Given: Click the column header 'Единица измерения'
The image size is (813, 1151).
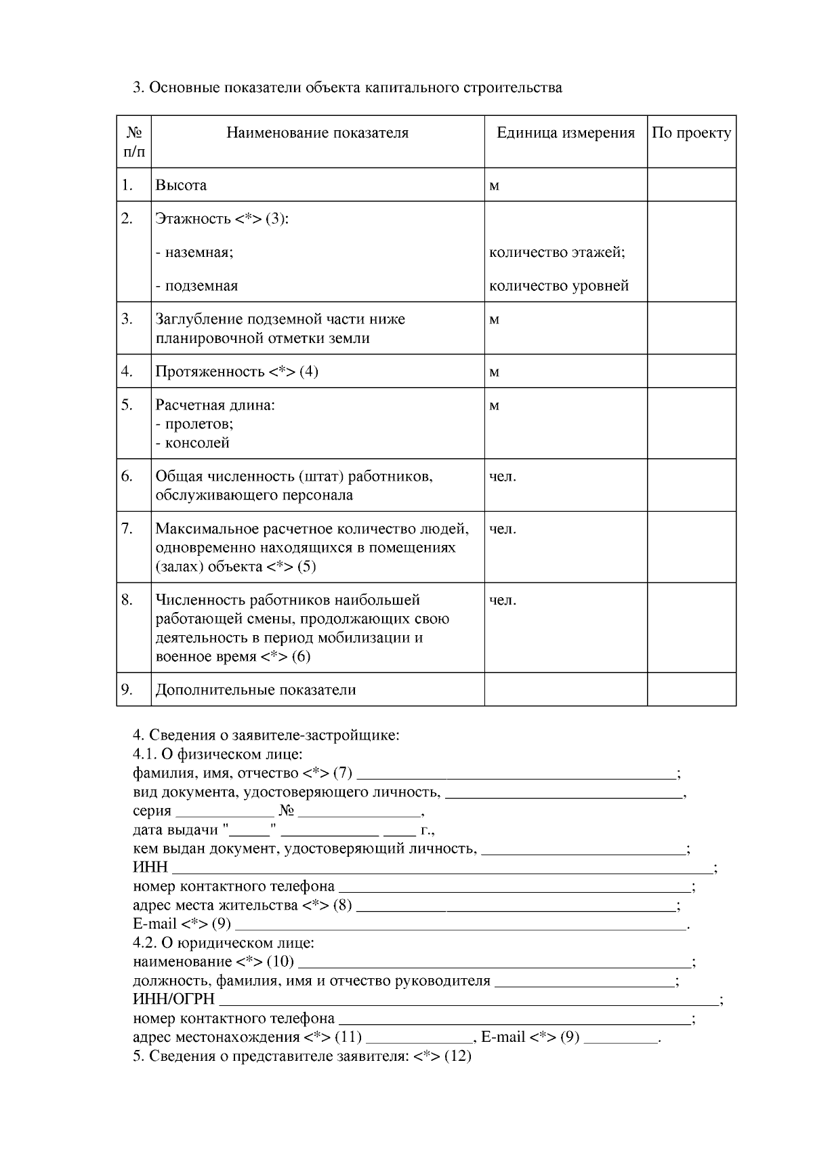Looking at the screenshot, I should click(x=566, y=133).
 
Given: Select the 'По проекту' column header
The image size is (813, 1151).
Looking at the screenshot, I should click(x=691, y=133).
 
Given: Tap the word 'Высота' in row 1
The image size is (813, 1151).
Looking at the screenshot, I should click(x=181, y=185).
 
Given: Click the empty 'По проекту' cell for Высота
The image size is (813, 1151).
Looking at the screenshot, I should click(x=691, y=185).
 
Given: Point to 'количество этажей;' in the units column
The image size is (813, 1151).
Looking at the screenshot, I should click(x=557, y=252).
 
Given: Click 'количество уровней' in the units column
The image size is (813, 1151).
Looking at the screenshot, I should click(x=559, y=285).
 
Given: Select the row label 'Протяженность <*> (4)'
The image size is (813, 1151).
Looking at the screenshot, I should click(x=236, y=371).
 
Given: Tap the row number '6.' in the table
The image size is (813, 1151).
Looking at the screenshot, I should click(x=127, y=476).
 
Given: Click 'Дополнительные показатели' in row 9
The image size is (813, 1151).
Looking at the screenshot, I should click(x=255, y=690).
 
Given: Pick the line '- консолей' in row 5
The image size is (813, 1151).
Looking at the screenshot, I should click(x=192, y=443).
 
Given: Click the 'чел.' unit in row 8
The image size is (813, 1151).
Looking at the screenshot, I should click(x=503, y=600).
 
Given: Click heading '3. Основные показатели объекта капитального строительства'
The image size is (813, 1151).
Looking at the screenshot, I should click(x=347, y=87).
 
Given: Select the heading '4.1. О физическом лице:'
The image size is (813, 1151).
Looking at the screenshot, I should click(x=217, y=754).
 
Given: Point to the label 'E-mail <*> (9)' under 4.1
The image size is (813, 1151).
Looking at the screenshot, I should click(x=182, y=924).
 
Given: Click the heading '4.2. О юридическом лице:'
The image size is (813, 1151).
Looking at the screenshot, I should click(x=224, y=943).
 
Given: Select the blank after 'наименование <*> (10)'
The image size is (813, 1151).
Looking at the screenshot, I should click(x=495, y=963).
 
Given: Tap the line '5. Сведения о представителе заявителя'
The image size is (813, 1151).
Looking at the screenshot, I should click(x=301, y=1056).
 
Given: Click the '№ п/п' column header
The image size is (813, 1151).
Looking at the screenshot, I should click(x=133, y=142).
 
